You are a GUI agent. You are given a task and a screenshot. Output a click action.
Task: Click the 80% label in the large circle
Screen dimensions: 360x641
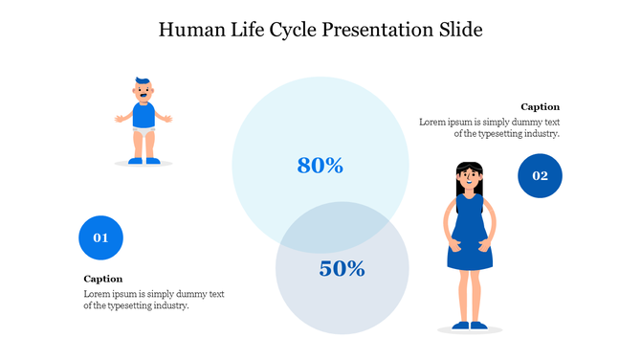[320, 166]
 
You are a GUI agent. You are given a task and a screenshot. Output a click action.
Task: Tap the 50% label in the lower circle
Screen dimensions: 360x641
[343, 269]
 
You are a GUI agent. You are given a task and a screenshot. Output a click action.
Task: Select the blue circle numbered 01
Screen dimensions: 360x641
[100, 237]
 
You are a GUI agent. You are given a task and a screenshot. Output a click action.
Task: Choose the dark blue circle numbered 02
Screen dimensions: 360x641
[540, 176]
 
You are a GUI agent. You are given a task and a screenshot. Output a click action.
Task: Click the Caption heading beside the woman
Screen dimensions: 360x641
[540, 107]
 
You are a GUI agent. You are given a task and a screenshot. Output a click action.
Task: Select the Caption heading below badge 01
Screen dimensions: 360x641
[103, 279]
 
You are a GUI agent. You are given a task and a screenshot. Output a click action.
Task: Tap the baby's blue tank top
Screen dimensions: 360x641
[144, 116]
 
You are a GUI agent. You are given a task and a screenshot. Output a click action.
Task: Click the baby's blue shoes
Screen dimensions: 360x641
[144, 160]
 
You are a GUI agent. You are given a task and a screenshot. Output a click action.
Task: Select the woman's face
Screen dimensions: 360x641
[468, 177]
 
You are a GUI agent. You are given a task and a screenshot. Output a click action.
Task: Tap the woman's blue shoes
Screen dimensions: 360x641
[470, 326]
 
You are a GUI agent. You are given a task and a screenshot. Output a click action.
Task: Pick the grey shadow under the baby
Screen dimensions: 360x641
[144, 165]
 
